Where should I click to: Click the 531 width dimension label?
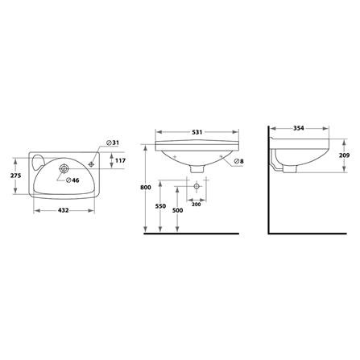pos(197,132)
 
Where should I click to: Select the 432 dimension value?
pos(64,210)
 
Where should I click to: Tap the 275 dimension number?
pos(15,176)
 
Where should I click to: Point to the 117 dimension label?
pos(120,160)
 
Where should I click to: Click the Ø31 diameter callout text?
pos(113,143)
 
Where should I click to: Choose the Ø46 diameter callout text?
pos(72,180)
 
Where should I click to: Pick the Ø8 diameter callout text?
pos(238,161)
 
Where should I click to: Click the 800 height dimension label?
pos(146,188)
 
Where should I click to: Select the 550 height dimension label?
pos(160,206)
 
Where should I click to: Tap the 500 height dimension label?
pos(177,210)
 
